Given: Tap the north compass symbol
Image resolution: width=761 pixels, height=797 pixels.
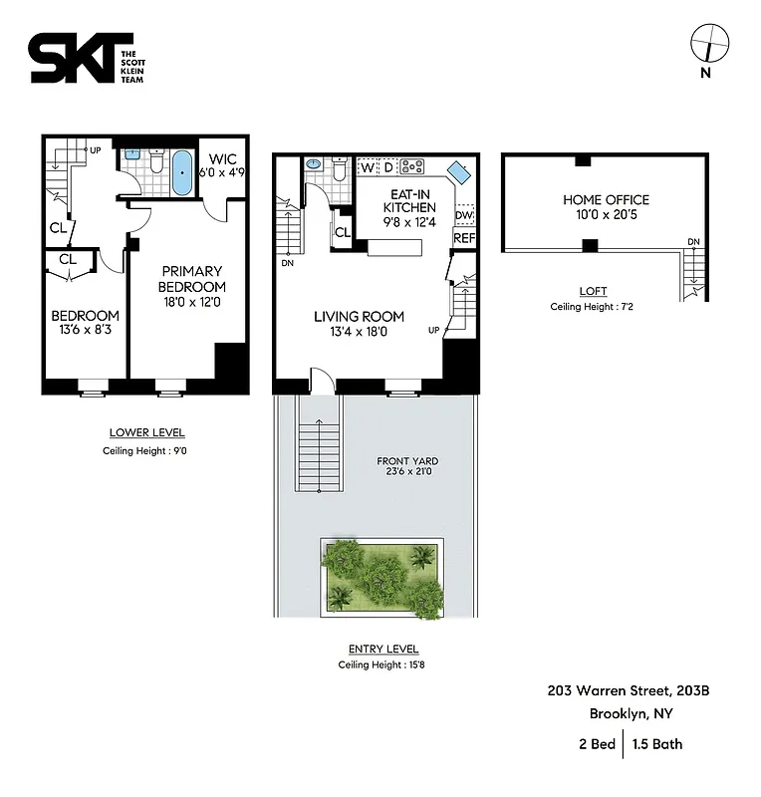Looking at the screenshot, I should pos(709,44).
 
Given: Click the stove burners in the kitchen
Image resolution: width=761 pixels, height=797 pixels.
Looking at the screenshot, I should pos(413,165).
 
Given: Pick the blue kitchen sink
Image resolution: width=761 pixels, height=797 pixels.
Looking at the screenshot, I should pos(459,171).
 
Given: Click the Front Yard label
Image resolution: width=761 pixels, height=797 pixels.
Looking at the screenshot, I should pos(407,467).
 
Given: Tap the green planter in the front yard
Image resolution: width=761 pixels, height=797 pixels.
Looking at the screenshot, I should pos(382,577).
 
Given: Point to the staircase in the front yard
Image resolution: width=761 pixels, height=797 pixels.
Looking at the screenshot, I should pos(319,452).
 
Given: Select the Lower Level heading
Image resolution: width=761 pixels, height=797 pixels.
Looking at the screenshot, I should pos(146,432).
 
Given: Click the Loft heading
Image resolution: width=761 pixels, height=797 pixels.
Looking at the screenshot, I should pos(593,291).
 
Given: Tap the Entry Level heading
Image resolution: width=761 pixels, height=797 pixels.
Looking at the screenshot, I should pos(377,649).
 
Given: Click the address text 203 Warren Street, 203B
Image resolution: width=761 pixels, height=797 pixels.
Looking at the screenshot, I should pos(628,690).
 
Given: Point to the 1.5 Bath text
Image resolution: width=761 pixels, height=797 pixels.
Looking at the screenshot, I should pos(657,743).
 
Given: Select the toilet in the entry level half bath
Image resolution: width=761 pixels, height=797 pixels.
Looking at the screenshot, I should pos(340,170).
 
